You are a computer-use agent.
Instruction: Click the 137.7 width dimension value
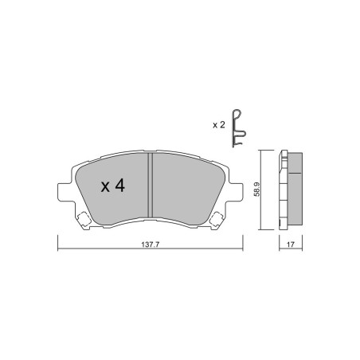pyautogui.click(x=150, y=245)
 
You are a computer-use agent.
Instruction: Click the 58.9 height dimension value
pyautogui.click(x=256, y=189)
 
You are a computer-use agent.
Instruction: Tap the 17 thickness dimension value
pyautogui.click(x=291, y=245)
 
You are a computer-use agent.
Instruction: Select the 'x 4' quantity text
pyautogui.click(x=113, y=186)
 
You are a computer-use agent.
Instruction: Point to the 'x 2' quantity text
pyautogui.click(x=219, y=125)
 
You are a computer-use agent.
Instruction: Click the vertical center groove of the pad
pyautogui.click(x=151, y=185)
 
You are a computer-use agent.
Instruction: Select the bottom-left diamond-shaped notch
pyautogui.click(x=84, y=219)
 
